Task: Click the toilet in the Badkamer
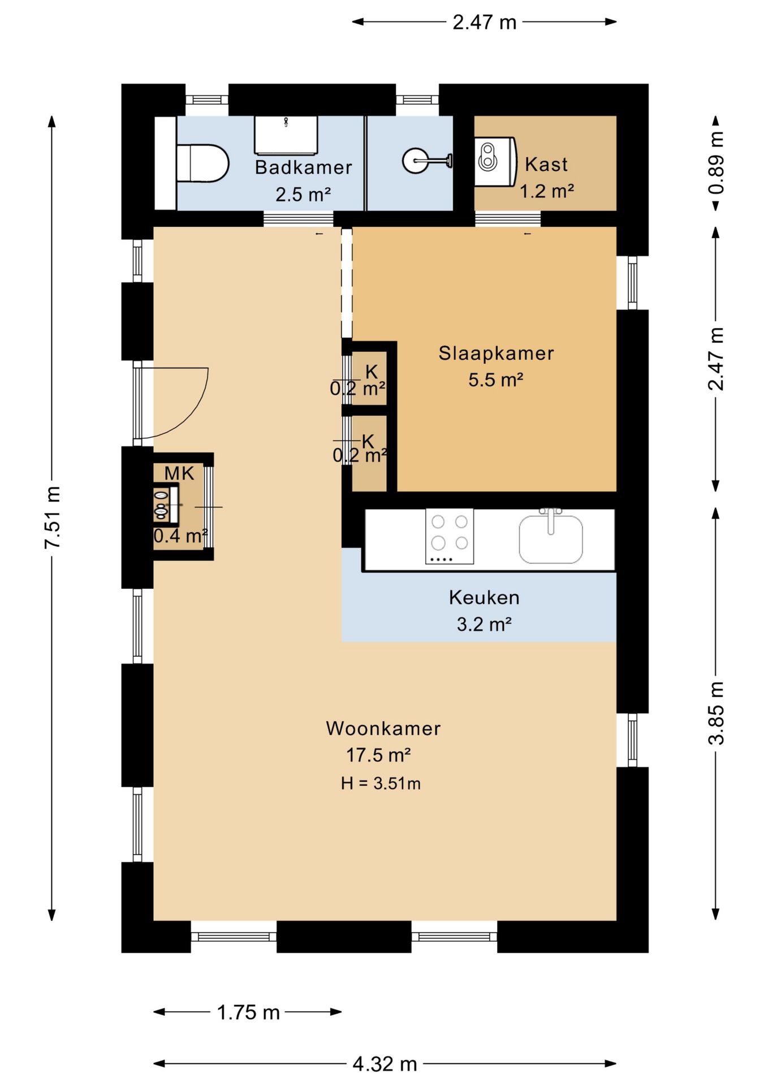(202, 163)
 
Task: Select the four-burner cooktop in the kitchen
(450, 536)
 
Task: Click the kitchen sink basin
(551, 538)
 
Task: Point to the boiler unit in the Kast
(495, 161)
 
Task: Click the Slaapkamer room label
(496, 354)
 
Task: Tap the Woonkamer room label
(383, 729)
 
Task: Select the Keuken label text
(484, 597)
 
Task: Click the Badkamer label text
(304, 167)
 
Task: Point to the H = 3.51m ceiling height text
(381, 783)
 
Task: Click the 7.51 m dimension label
(53, 517)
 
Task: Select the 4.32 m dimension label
(385, 1064)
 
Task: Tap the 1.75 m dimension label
(248, 1012)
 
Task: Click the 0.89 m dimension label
(716, 163)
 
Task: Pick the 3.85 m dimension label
(716, 713)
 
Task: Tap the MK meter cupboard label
(179, 473)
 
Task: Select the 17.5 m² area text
(378, 755)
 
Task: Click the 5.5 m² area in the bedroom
(495, 380)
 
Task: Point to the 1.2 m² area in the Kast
(547, 191)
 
